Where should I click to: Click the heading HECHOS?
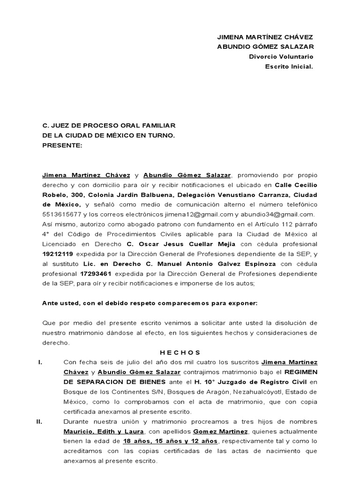(180, 352)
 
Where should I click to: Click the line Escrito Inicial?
(289, 67)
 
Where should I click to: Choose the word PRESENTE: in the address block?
(62, 145)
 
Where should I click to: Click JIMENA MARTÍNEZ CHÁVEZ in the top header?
(265, 37)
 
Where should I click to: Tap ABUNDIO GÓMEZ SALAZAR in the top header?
(265, 47)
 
